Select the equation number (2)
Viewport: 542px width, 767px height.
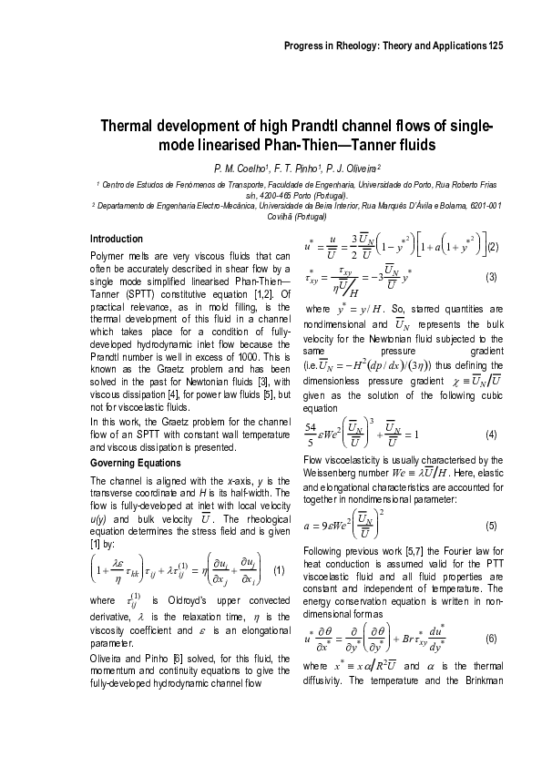[492, 246]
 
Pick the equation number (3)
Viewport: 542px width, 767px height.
[490, 277]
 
